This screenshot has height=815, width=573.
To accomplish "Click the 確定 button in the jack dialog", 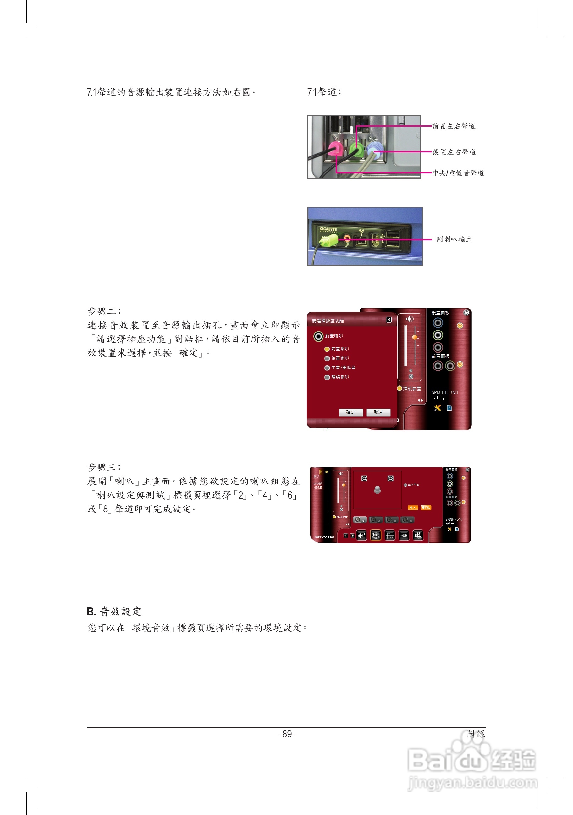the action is click(x=350, y=412).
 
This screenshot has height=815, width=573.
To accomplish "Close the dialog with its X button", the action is click(x=389, y=320).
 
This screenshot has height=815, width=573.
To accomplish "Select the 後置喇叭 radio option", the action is click(x=327, y=358).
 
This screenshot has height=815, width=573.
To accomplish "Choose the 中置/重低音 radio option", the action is click(x=327, y=368).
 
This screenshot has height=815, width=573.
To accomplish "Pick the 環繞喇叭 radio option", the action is click(x=327, y=377).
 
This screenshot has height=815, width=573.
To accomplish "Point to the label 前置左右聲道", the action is click(x=454, y=126).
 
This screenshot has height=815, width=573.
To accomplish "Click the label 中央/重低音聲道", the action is click(x=458, y=173).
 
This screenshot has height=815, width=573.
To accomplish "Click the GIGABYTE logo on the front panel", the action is click(x=328, y=229).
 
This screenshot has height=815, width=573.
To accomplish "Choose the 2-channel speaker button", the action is click(x=360, y=520).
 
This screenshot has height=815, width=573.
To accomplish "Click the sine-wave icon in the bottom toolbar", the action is click(x=389, y=535).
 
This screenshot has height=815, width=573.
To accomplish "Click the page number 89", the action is click(x=287, y=734).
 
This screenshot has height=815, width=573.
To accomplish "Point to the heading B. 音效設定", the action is click(x=114, y=611).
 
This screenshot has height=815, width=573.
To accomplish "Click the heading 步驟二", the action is click(x=104, y=311).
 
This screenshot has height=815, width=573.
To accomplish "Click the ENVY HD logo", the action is click(x=324, y=537).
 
